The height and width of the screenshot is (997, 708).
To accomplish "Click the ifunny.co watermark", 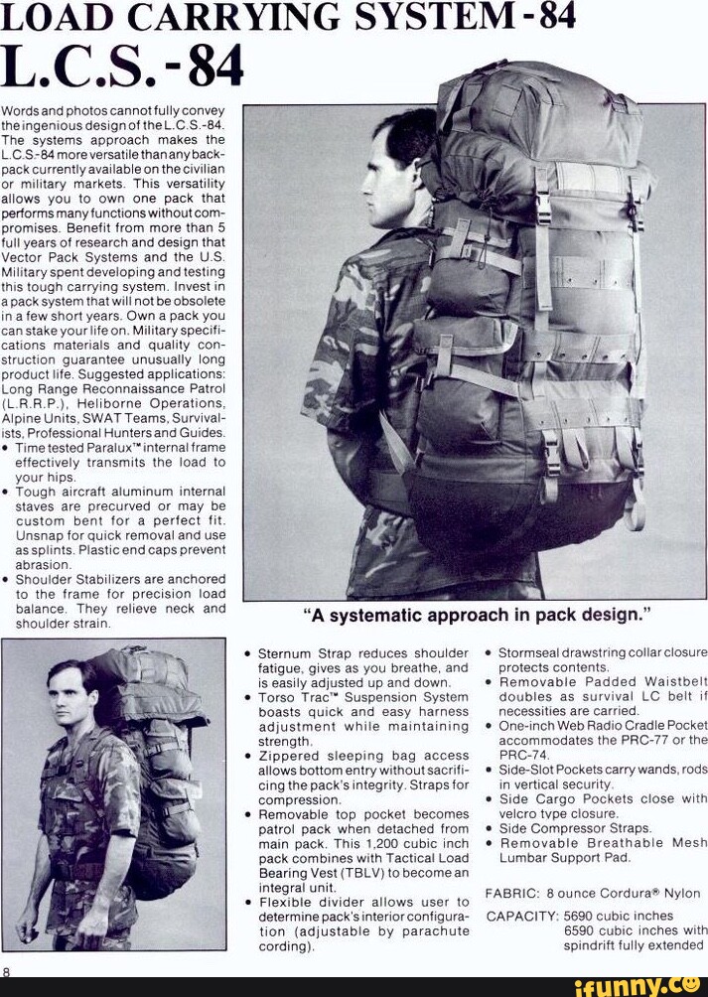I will click(x=636, y=984).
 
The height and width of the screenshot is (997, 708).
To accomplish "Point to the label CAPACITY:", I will click(x=521, y=916).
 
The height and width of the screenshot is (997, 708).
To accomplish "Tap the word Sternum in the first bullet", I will click(x=285, y=653).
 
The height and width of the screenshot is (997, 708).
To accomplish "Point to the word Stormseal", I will click(x=532, y=653).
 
